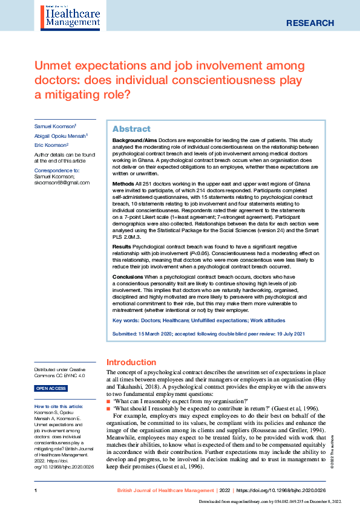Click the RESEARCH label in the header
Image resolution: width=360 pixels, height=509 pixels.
point(309,23)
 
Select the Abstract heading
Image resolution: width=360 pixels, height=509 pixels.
point(131,129)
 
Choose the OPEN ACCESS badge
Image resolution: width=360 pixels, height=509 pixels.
point(51,389)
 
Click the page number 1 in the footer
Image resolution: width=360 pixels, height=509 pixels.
point(36,489)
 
